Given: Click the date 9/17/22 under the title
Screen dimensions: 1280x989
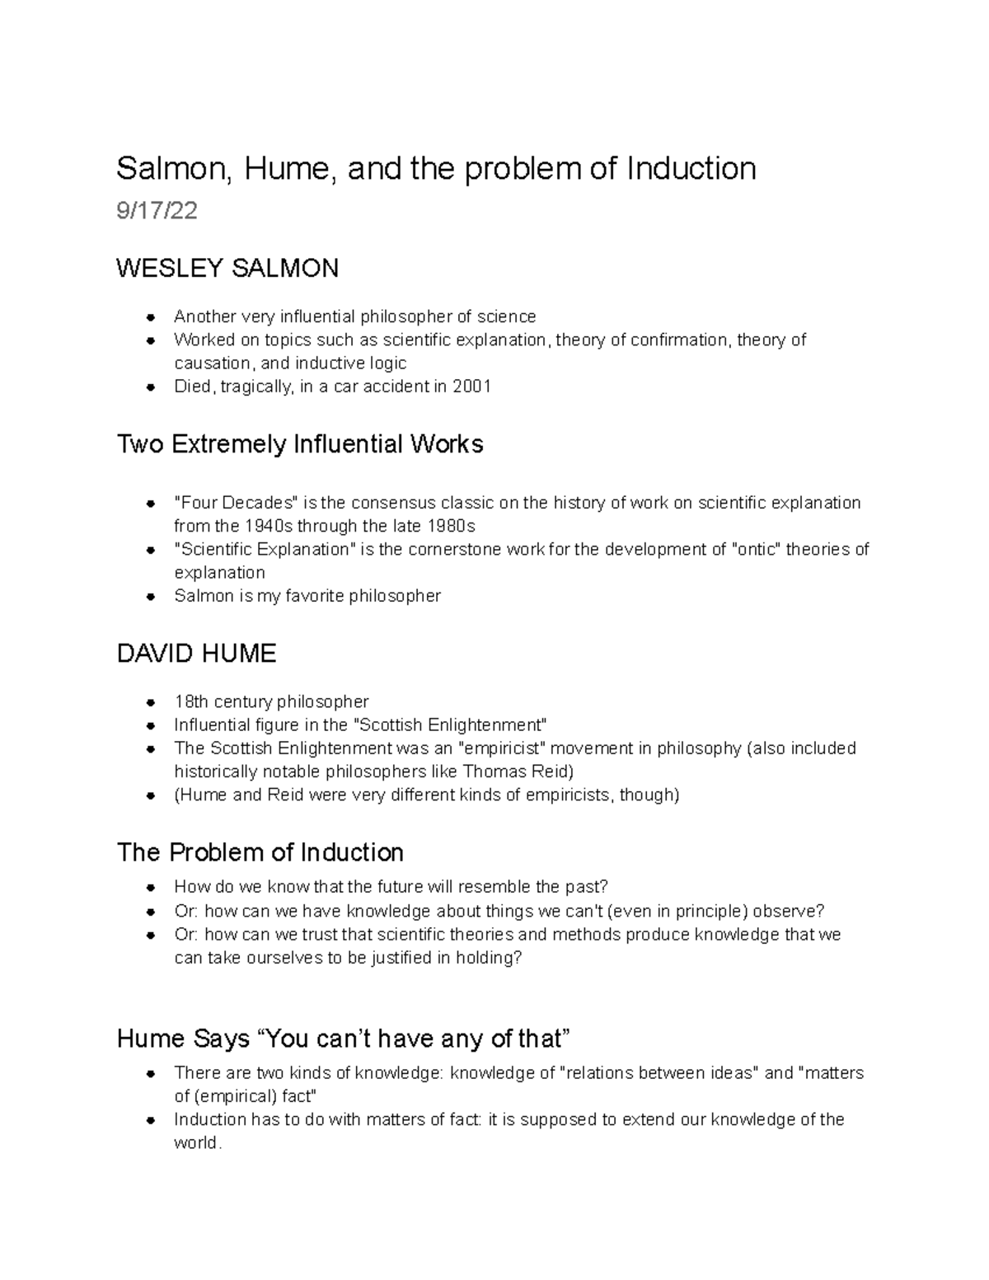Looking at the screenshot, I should coord(157,211).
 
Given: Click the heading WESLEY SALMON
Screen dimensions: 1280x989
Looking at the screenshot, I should coord(227,268).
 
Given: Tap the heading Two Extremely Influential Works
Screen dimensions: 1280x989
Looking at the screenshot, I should coord(300,444).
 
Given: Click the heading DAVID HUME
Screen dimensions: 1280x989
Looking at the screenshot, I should coord(196,654).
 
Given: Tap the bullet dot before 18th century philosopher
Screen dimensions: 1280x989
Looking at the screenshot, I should coord(151,702).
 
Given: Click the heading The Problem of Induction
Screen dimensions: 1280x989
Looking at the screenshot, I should coord(260,852).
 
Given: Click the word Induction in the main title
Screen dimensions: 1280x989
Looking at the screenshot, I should coord(691,168).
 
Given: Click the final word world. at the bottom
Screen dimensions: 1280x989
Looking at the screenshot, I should coord(198,1143).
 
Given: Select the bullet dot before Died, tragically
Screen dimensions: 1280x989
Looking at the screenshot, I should coord(151,387).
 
